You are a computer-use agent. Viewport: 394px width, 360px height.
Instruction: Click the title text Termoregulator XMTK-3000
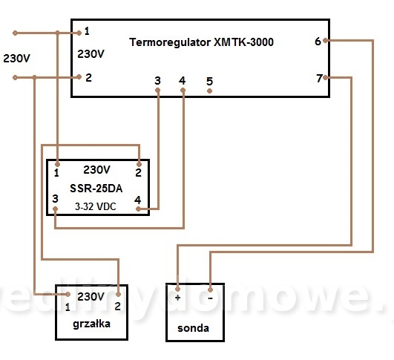click(201, 42)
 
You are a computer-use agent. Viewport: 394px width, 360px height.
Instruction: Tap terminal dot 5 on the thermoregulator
click(209, 91)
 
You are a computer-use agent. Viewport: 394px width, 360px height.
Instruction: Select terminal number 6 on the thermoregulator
click(318, 42)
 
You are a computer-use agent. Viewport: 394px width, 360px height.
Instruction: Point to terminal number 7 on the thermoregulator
click(319, 79)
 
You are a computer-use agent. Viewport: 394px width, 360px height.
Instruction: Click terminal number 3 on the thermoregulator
click(157, 81)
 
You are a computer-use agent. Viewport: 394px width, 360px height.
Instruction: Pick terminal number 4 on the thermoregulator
click(183, 81)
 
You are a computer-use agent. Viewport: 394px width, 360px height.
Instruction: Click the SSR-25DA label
click(96, 189)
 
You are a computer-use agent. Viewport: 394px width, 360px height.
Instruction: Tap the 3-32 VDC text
click(96, 206)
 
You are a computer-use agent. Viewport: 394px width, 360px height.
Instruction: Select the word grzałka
click(91, 324)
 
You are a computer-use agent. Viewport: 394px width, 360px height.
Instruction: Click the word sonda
click(193, 328)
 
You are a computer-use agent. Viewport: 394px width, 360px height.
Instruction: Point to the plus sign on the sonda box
click(177, 298)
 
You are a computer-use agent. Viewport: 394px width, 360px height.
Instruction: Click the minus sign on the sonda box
click(210, 298)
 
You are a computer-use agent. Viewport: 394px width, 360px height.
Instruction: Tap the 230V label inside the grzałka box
click(91, 297)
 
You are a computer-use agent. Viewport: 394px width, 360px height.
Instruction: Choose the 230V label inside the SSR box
click(96, 170)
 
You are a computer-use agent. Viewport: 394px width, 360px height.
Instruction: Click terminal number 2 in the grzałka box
click(117, 307)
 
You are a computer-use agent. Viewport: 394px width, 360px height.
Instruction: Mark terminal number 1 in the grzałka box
click(68, 307)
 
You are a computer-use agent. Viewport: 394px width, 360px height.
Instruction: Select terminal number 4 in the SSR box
click(138, 200)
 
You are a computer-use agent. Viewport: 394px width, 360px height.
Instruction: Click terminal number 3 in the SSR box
click(56, 199)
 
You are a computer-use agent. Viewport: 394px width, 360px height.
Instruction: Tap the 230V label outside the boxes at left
click(16, 59)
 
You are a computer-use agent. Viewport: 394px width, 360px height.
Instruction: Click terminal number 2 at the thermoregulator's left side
click(88, 78)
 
